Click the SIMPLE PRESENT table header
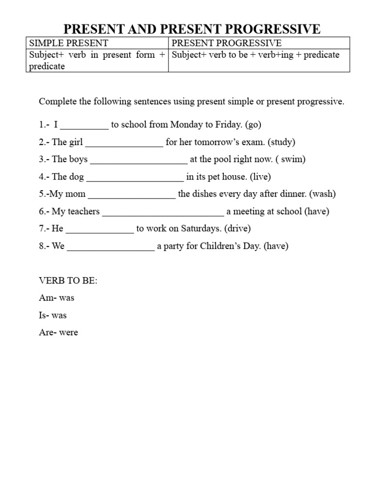pos(68,43)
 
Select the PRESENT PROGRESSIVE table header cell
pos(227,43)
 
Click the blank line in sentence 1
pos(85,125)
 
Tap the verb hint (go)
pos(253,125)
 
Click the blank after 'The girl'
pos(124,143)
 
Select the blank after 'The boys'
pos(139,160)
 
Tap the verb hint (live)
pos(260,177)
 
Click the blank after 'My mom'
pos(132,195)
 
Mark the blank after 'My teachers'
pos(163,212)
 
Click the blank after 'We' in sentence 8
pos(111,247)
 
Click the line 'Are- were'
pos(58,333)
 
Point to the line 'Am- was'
pos(56,298)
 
